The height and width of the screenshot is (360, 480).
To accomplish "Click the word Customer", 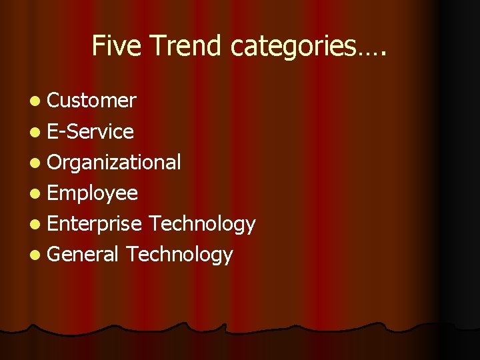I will (92, 101).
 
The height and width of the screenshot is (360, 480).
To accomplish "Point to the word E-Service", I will (91, 131).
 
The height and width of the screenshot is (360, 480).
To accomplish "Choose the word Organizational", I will (114, 162).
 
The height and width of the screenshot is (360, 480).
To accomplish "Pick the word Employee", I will (93, 193).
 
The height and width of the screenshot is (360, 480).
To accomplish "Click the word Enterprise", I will (95, 224).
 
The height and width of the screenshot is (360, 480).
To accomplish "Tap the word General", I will (83, 254).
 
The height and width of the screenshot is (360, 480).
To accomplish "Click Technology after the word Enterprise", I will (202, 224).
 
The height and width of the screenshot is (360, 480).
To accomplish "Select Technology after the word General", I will (179, 254).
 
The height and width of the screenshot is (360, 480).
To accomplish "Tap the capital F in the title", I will (97, 46).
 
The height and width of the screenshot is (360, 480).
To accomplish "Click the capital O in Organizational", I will (55, 162).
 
